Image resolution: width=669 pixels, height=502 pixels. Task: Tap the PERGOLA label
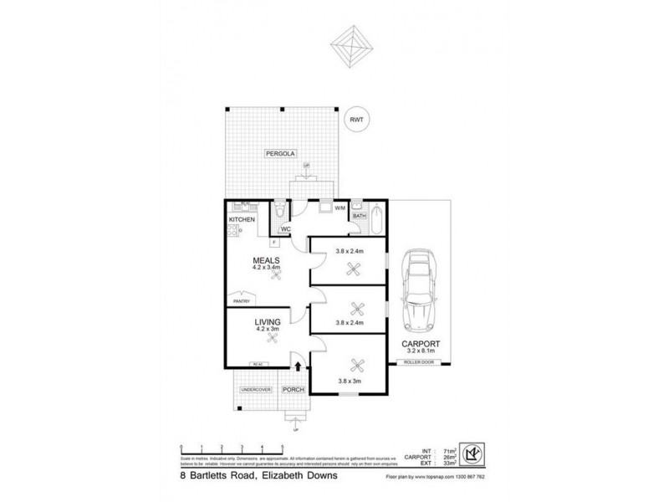278,154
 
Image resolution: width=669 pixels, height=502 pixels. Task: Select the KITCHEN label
242,219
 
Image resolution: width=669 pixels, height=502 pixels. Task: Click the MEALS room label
267,260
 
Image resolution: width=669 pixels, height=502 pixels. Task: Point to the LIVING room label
267,321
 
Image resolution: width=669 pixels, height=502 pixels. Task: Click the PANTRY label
243,300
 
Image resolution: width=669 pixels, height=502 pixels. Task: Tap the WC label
285,229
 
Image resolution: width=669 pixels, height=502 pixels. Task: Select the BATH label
360,216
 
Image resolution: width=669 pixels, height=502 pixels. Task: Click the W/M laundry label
340,207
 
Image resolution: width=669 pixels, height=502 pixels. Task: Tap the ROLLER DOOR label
416,361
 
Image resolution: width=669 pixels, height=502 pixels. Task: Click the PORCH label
293,390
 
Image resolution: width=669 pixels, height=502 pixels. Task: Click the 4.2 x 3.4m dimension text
267,269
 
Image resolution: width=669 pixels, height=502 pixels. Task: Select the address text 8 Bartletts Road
218,476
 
